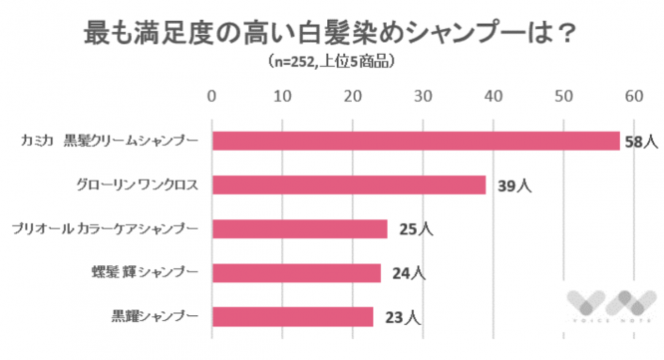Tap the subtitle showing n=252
click(x=331, y=63)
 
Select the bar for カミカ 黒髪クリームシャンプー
click(x=415, y=141)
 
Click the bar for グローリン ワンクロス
click(x=348, y=184)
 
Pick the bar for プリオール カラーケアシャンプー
click(x=299, y=228)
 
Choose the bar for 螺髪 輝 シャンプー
click(x=296, y=272)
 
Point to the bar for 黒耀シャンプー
click(x=292, y=317)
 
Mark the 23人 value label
click(x=399, y=318)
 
